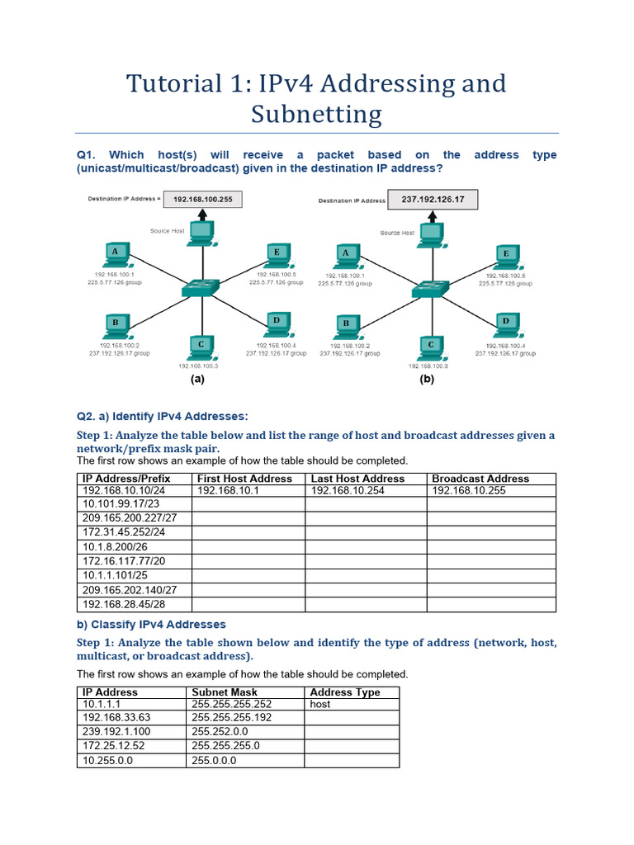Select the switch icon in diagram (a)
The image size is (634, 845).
click(x=198, y=289)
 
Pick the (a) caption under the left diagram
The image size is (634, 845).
click(x=196, y=380)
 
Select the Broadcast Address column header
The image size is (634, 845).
click(x=480, y=479)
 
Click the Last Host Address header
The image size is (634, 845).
click(x=357, y=479)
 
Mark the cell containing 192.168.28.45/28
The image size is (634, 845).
click(x=123, y=605)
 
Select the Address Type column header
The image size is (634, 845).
click(x=345, y=692)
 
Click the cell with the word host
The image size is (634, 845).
click(x=320, y=705)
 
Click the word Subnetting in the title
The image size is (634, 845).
click(x=317, y=114)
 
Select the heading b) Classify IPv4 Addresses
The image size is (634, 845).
click(x=151, y=625)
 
